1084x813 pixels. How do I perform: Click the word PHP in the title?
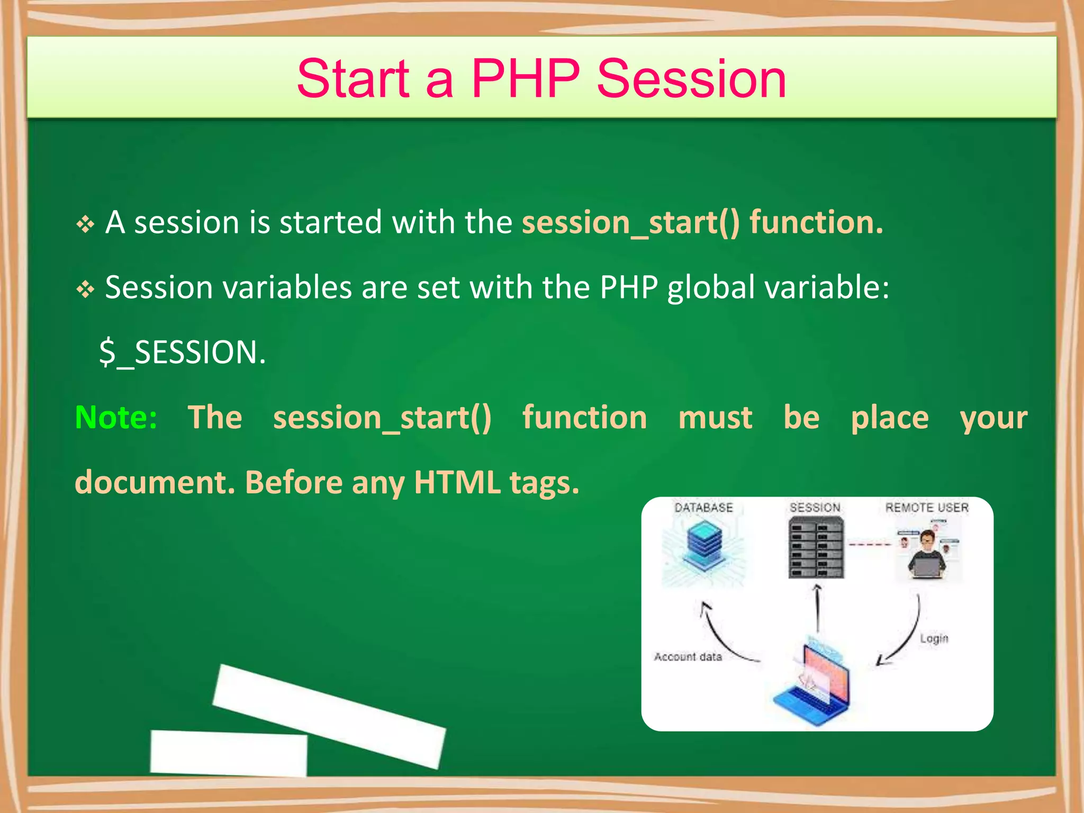click(525, 79)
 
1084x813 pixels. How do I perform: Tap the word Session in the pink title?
click(691, 79)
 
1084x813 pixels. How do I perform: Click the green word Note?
click(116, 418)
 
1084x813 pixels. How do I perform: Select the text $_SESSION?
click(182, 353)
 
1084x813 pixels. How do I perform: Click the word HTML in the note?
click(457, 482)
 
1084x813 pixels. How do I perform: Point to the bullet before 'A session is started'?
click(85, 225)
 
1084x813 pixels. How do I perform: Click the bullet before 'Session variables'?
click(85, 290)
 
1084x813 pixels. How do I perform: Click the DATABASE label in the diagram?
click(703, 508)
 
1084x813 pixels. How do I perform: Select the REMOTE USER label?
click(927, 508)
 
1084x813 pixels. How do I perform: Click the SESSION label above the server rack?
click(815, 508)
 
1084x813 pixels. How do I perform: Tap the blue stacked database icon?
click(703, 545)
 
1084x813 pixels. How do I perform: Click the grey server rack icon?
click(816, 548)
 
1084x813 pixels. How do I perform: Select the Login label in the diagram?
click(934, 638)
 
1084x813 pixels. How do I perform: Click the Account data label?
click(688, 657)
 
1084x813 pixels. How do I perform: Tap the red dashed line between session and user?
click(870, 544)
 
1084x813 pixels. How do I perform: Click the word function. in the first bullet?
click(816, 222)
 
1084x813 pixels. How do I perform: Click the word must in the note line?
click(715, 418)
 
